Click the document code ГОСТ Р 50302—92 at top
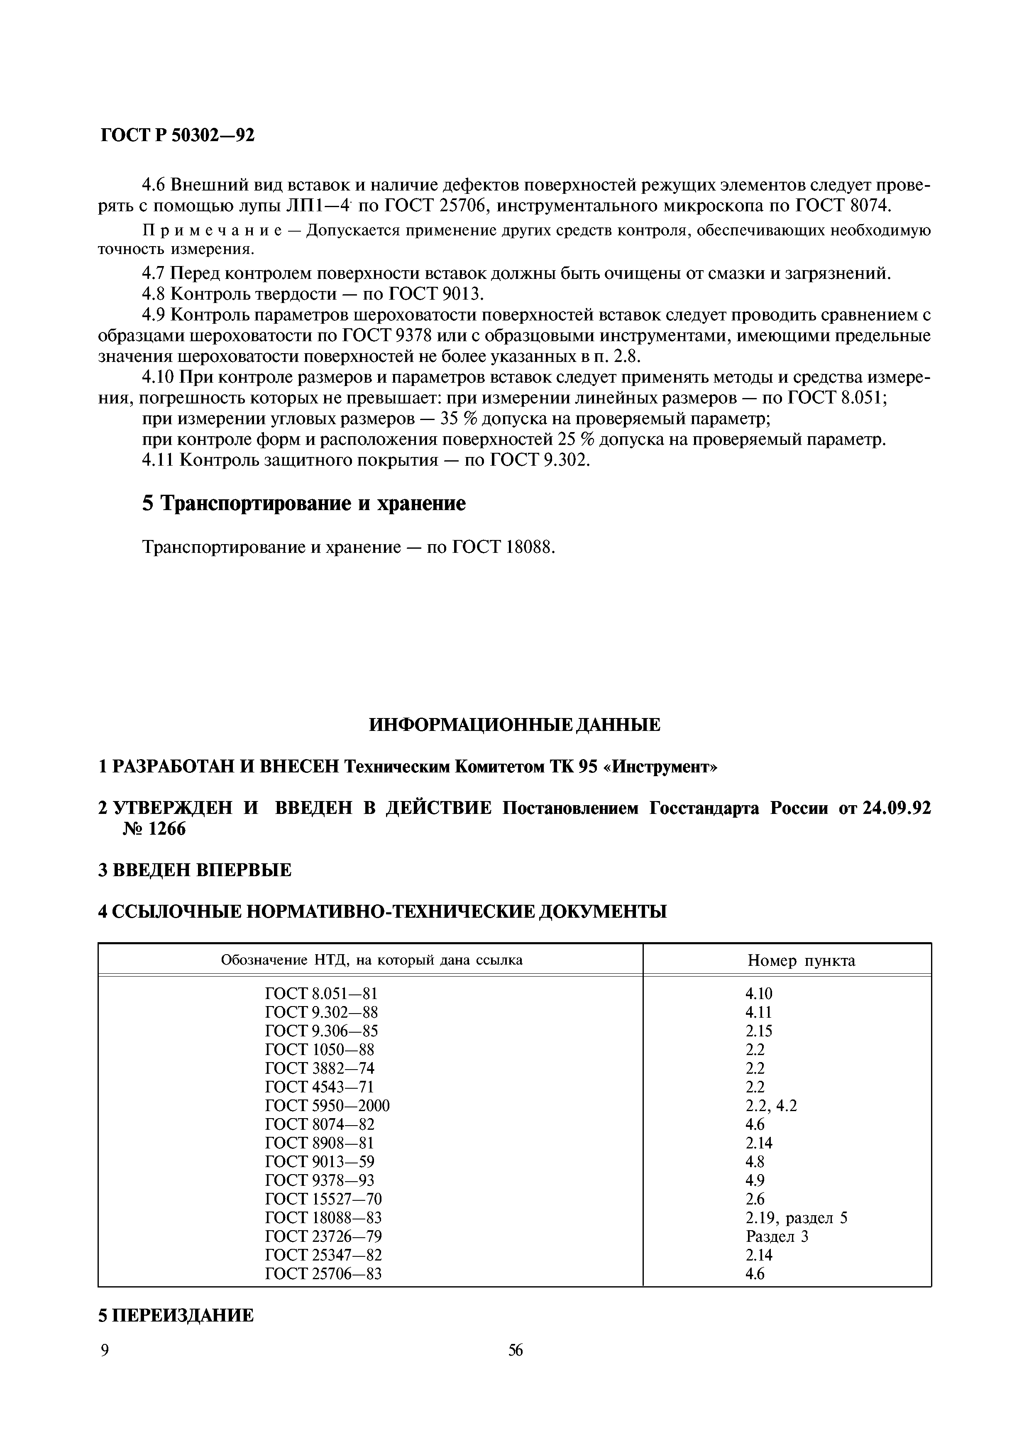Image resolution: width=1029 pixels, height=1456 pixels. pos(178,135)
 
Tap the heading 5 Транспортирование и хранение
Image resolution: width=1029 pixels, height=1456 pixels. pos(304,503)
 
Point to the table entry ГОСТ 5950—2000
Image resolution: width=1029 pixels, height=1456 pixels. pos(327,1106)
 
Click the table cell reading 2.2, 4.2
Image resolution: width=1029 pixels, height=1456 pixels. pos(771,1106)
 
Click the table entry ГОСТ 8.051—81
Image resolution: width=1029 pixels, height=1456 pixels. pos(321,994)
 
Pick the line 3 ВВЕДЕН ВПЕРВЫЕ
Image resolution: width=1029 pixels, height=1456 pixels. pos(195,870)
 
